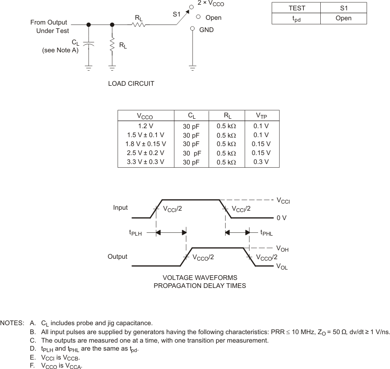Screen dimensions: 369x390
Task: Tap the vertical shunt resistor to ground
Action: [112, 45]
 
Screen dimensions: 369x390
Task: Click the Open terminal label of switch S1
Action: [213, 17]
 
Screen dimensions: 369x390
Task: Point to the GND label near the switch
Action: [206, 29]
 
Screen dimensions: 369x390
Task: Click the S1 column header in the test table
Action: [343, 8]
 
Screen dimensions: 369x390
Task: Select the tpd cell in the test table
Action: [296, 19]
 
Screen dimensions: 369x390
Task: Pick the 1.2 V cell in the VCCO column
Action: [146, 126]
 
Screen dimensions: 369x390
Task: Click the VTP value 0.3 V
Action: [261, 162]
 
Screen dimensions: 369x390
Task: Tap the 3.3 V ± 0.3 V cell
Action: [146, 162]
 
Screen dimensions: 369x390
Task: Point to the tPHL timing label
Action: [266, 232]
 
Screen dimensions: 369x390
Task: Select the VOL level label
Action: [282, 266]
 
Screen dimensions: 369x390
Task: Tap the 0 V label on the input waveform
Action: [282, 218]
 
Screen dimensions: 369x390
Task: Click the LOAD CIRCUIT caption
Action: [131, 84]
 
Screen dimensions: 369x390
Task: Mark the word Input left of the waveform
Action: [121, 207]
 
